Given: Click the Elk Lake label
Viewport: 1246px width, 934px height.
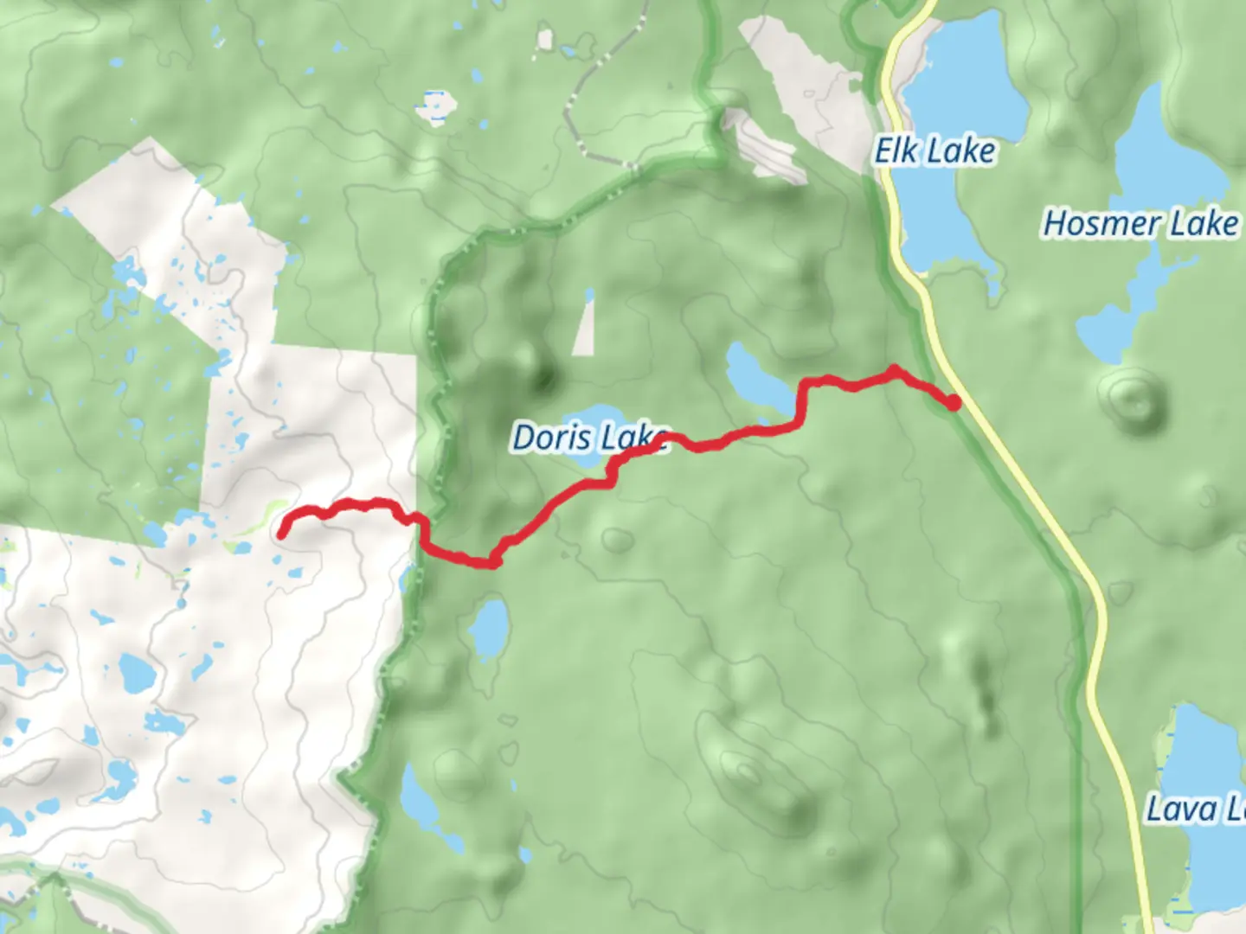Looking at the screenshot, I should tap(934, 151).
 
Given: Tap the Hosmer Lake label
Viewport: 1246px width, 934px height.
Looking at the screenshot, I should tap(1140, 223).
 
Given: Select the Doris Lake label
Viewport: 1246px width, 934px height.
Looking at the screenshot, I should tap(588, 438).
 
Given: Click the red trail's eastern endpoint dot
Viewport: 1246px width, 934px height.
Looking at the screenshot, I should tap(953, 402).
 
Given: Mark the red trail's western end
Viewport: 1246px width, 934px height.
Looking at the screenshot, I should tap(283, 533).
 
